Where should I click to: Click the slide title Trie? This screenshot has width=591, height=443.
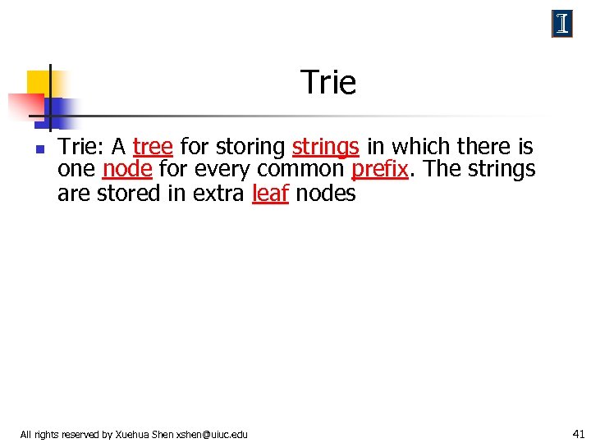pyautogui.click(x=328, y=83)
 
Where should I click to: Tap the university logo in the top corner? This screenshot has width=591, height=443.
pyautogui.click(x=561, y=25)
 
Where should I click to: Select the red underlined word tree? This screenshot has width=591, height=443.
pyautogui.click(x=153, y=147)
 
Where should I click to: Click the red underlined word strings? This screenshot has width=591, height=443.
pyautogui.click(x=325, y=147)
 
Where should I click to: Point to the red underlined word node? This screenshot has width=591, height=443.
pyautogui.click(x=127, y=170)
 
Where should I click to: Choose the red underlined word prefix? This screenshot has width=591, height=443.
pyautogui.click(x=379, y=170)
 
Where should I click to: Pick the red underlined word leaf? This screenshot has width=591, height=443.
pyautogui.click(x=270, y=194)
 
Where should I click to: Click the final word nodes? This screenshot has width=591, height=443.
pyautogui.click(x=325, y=194)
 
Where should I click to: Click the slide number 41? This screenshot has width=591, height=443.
pyautogui.click(x=578, y=433)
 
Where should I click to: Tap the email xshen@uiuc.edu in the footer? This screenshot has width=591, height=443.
pyautogui.click(x=212, y=434)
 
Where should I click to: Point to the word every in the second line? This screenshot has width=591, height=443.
pyautogui.click(x=222, y=170)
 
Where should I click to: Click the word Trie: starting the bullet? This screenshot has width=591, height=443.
pyautogui.click(x=81, y=147)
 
